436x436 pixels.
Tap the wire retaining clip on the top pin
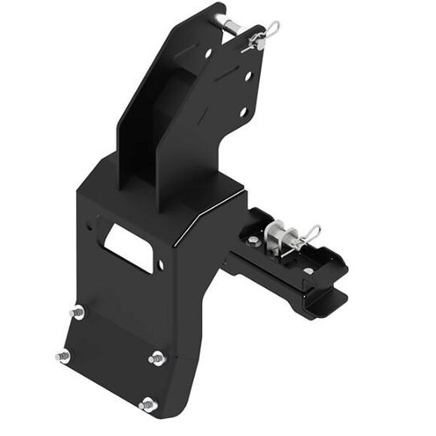pyautogui.click(x=265, y=34)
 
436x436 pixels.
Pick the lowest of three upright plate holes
pyautogui.click(x=243, y=112)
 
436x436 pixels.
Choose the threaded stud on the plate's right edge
pyautogui.click(x=157, y=359)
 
